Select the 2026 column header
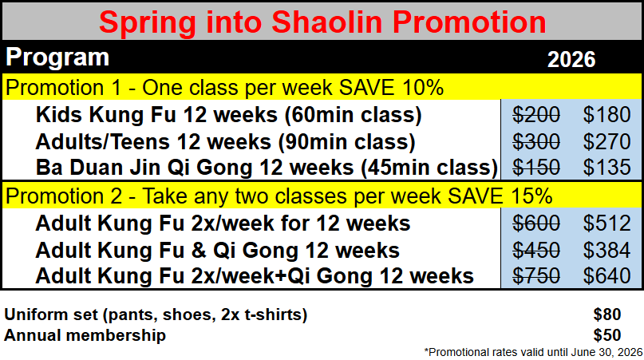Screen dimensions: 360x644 tap(571, 58)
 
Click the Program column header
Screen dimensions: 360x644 tap(57, 57)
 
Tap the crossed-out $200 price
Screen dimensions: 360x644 tap(536, 115)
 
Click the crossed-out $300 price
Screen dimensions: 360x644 tap(536, 142)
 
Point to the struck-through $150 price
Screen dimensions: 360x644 tap(536, 168)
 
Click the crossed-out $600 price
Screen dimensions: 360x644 tap(536, 223)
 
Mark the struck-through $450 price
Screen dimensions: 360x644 tap(536, 250)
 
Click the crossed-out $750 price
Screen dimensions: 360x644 tap(536, 276)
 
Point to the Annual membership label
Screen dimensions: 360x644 tap(85, 335)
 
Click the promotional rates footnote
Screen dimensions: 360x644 tap(533, 350)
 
